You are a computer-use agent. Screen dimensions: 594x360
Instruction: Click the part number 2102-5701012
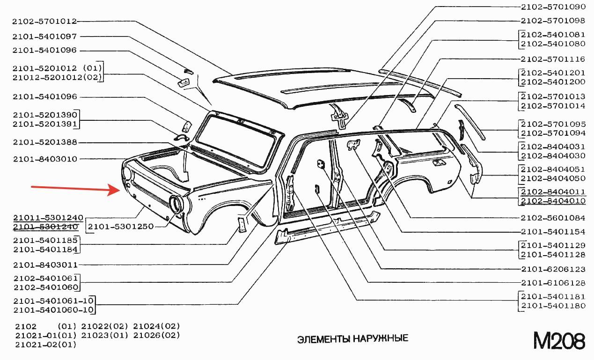[x=44, y=21]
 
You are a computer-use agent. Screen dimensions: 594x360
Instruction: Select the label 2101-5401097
[x=44, y=37]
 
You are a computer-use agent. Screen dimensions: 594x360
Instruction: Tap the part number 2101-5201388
[x=45, y=142]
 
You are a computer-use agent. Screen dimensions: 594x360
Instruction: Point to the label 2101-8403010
[x=45, y=159]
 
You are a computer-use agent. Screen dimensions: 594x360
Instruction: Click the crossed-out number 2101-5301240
[x=45, y=227]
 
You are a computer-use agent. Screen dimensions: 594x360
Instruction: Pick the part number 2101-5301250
[x=121, y=227]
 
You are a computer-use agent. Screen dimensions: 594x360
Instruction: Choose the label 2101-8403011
[x=45, y=265]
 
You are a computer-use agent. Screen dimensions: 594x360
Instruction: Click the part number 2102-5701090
[x=553, y=7]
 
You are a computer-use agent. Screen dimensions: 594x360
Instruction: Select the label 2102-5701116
[x=553, y=59]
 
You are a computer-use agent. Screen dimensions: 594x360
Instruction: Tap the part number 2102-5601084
[x=553, y=218]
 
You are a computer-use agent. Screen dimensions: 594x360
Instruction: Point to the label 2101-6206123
[x=553, y=269]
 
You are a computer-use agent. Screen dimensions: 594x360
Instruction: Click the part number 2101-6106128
[x=553, y=283]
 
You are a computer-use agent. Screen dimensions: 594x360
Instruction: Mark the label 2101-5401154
[x=553, y=232]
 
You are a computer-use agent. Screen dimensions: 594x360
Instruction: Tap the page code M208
[x=559, y=341]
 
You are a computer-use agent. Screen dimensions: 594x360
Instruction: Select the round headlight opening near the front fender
[x=176, y=204]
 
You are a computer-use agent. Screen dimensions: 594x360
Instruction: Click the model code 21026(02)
[x=157, y=335]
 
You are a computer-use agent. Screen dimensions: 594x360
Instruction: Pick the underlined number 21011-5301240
[x=48, y=218]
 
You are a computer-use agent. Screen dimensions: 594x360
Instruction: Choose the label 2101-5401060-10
[x=54, y=310]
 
